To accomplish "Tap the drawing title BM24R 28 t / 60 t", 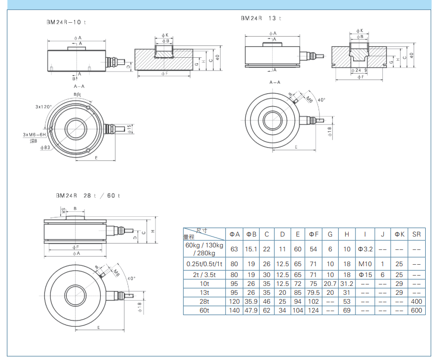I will tap(87, 196).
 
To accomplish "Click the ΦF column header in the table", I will tap(313, 234).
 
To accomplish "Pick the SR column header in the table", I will tap(416, 234).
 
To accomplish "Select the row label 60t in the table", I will tap(204, 310).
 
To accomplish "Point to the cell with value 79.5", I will tap(313, 292).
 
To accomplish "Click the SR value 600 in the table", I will tap(416, 310).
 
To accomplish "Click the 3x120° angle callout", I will tap(43, 107).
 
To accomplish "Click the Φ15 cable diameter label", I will tap(129, 129).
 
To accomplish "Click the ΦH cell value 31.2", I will tap(346, 283).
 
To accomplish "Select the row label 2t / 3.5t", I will tap(204, 275).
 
